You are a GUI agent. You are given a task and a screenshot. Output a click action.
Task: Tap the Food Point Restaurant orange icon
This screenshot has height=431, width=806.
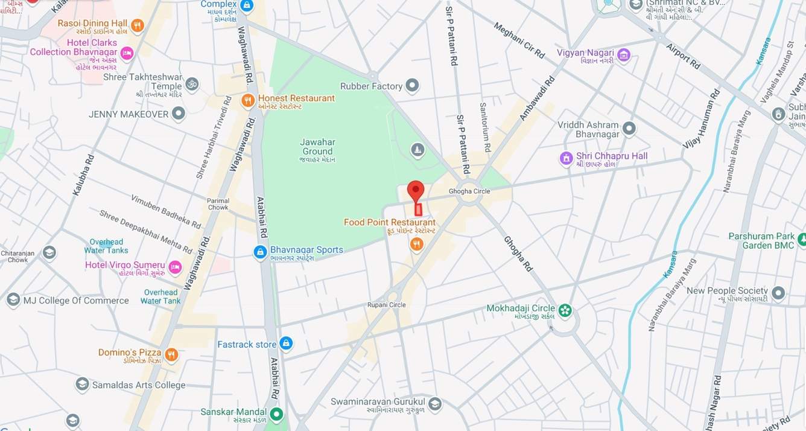(x=416, y=244)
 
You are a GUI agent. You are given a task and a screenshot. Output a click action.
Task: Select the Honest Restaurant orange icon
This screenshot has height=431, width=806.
(x=248, y=101)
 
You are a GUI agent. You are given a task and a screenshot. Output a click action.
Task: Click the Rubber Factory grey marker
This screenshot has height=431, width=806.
(x=412, y=86)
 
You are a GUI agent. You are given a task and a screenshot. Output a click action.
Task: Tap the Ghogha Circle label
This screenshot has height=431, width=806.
(x=469, y=191)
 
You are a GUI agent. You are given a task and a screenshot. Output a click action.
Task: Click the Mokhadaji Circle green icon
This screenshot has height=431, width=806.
(x=565, y=310)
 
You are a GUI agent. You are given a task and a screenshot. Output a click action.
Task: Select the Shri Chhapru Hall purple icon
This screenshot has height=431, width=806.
(x=566, y=158)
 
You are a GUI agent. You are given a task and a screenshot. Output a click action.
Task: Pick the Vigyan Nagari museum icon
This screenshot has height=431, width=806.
(x=624, y=56)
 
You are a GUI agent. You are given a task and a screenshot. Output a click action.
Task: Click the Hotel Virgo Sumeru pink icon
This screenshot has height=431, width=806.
(x=175, y=267)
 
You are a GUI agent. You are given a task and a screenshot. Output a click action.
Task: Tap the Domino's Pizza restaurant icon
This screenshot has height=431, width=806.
(x=171, y=354)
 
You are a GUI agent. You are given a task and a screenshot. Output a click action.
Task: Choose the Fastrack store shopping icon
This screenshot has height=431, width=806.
(x=286, y=344)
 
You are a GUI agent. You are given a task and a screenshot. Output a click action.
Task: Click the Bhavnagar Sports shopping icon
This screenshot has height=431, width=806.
(x=260, y=252)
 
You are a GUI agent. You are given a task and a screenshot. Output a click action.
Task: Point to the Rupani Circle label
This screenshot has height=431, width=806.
(x=386, y=305)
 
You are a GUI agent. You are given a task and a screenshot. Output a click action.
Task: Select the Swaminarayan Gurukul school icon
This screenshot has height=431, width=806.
(x=434, y=404)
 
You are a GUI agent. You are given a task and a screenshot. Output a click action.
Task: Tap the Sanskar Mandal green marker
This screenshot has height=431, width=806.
(x=276, y=414)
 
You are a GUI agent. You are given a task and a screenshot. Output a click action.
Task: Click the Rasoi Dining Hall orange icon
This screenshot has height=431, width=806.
(x=138, y=26)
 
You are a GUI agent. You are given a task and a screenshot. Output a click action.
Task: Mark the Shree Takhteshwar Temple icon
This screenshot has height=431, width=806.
(x=192, y=83)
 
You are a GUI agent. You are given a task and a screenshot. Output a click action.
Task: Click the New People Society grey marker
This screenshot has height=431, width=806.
(x=778, y=293)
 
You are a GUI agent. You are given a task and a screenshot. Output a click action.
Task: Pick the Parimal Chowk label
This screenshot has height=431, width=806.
(x=218, y=204)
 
